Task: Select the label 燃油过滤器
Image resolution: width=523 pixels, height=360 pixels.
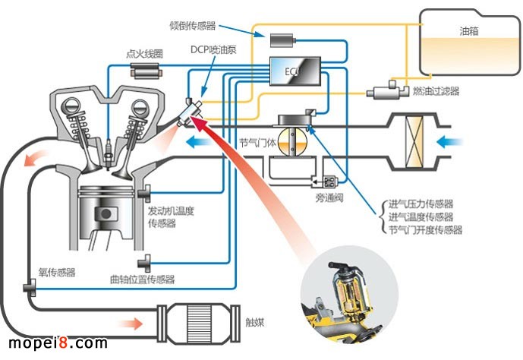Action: click(436, 92)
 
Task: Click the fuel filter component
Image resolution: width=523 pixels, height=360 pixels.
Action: click(389, 90)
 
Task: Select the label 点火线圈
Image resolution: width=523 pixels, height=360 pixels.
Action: click(142, 55)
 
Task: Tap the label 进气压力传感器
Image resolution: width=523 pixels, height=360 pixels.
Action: click(421, 204)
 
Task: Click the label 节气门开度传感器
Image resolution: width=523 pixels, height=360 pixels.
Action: click(425, 230)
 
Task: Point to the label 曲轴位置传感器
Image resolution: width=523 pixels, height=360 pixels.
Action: click(143, 280)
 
